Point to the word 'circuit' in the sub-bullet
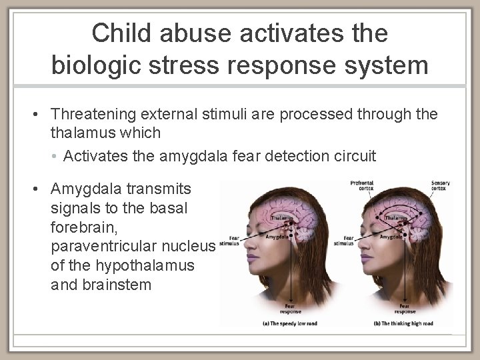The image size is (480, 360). (x=353, y=156)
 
